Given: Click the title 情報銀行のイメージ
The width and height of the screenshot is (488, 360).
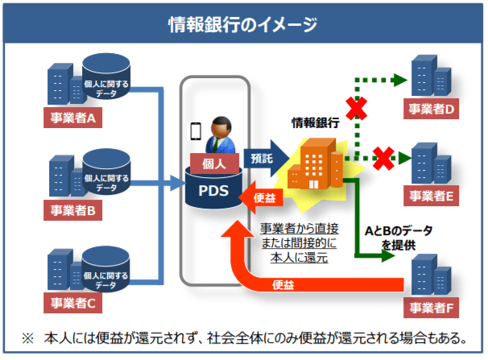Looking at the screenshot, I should coord(243,23).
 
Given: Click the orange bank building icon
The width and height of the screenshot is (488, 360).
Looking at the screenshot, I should coord(315,164).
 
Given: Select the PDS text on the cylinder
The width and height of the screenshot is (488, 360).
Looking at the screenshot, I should coord(213,191).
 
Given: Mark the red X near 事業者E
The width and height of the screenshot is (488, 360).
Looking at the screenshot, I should coord(383,155).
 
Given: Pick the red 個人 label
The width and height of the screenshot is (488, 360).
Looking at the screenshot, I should coord(214,161).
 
